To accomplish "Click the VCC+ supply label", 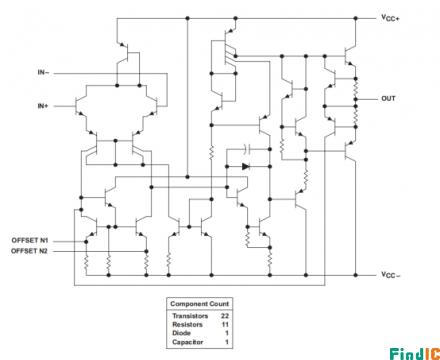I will pos(391,18).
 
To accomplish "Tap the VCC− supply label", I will pos(391,275).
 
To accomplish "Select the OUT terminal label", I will pos(389,98).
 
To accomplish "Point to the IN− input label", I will pos(44,73).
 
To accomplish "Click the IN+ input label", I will pos(44,105).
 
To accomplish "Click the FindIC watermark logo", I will pos(412,351).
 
